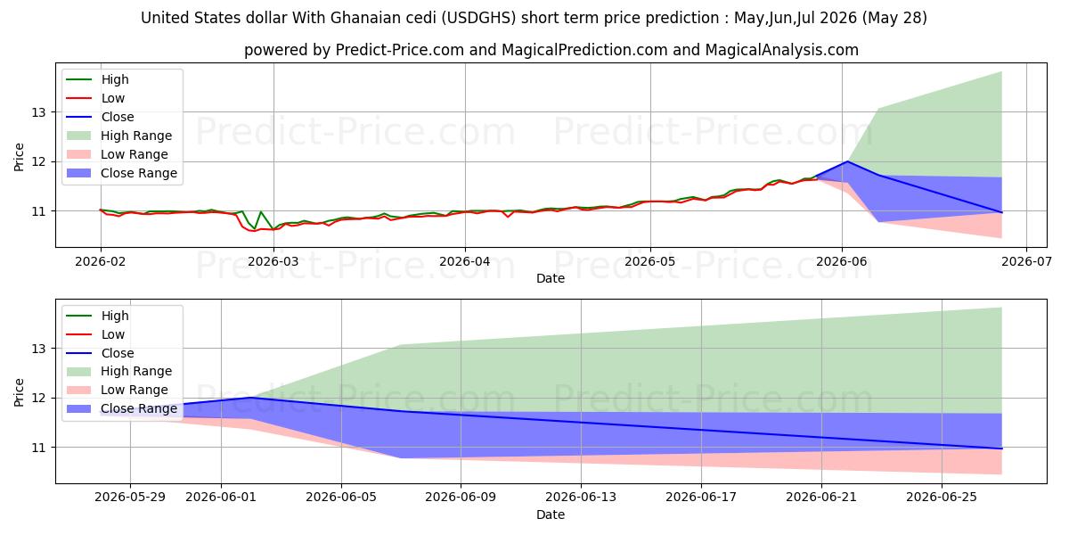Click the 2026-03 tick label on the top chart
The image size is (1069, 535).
273,262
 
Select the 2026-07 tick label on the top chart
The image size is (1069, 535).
1026,262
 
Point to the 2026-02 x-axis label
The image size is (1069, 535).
100,262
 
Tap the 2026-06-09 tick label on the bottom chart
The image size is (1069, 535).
461,498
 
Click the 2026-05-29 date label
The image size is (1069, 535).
130,498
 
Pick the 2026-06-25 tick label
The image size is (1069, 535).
942,498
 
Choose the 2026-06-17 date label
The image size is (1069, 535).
701,498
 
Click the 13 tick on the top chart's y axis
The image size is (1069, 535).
38,112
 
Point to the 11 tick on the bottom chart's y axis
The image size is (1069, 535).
38,448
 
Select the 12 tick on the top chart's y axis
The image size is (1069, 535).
38,162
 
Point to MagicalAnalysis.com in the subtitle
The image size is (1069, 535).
782,50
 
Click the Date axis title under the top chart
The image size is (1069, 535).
551,278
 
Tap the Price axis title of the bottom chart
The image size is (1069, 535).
19,392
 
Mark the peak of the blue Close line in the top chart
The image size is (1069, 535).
847,161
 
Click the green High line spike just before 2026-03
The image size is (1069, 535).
260,211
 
